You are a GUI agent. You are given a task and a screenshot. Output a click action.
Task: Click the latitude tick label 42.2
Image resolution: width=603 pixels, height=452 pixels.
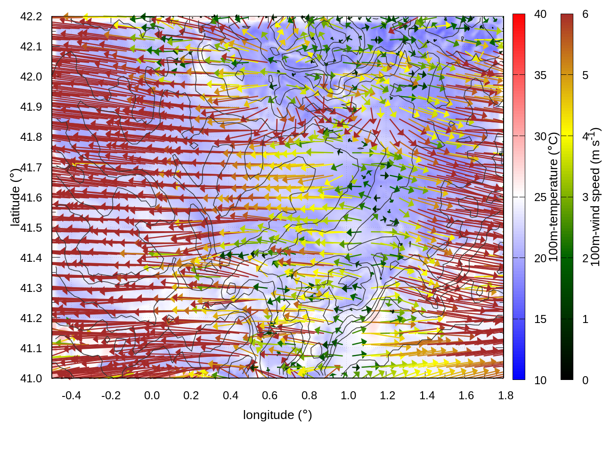pos(31,16)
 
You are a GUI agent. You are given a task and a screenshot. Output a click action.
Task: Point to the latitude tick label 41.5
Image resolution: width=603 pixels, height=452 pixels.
pos(31,228)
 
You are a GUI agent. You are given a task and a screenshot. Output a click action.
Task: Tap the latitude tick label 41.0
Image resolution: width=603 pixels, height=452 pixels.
pos(31,379)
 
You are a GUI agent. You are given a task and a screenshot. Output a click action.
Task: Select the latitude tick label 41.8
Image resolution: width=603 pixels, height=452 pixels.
pos(31,137)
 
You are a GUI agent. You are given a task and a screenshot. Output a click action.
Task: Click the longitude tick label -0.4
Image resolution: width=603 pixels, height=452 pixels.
pos(71,395)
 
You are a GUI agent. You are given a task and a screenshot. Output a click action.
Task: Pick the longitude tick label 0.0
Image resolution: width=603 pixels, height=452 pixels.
pos(152,395)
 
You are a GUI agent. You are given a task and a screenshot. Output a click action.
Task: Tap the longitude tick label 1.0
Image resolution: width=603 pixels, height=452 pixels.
pos(348,395)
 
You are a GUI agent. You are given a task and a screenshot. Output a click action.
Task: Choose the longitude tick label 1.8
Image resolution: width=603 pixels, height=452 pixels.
pos(505,395)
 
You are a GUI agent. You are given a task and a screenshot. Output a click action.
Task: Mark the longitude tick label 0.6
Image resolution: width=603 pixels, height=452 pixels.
pos(269,395)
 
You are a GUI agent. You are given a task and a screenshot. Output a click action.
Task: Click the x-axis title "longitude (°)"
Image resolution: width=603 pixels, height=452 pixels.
pos(277,415)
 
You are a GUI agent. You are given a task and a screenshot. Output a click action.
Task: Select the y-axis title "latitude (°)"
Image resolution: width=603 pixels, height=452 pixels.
pos(15,197)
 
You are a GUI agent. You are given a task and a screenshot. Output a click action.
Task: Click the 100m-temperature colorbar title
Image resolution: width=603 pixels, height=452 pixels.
pos(554,197)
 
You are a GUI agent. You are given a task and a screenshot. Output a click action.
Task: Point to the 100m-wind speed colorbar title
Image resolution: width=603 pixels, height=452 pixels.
pos(595,197)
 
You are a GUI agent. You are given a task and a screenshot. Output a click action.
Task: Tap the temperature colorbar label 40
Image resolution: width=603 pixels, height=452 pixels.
pos(540,14)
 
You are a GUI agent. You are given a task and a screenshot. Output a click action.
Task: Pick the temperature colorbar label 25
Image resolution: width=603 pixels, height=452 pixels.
pos(540,197)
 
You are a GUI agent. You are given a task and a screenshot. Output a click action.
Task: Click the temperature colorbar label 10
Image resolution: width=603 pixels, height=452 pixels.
pos(540,380)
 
